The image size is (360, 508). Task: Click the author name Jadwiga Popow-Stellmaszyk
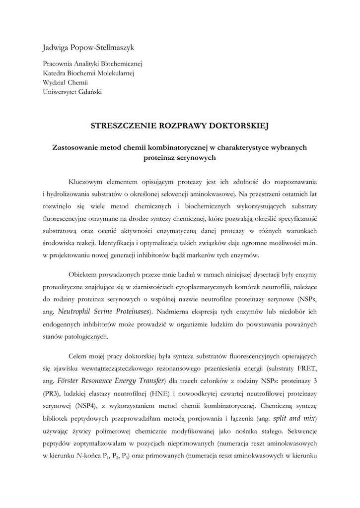click(88, 48)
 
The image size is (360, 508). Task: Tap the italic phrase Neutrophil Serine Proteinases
click(103, 312)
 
